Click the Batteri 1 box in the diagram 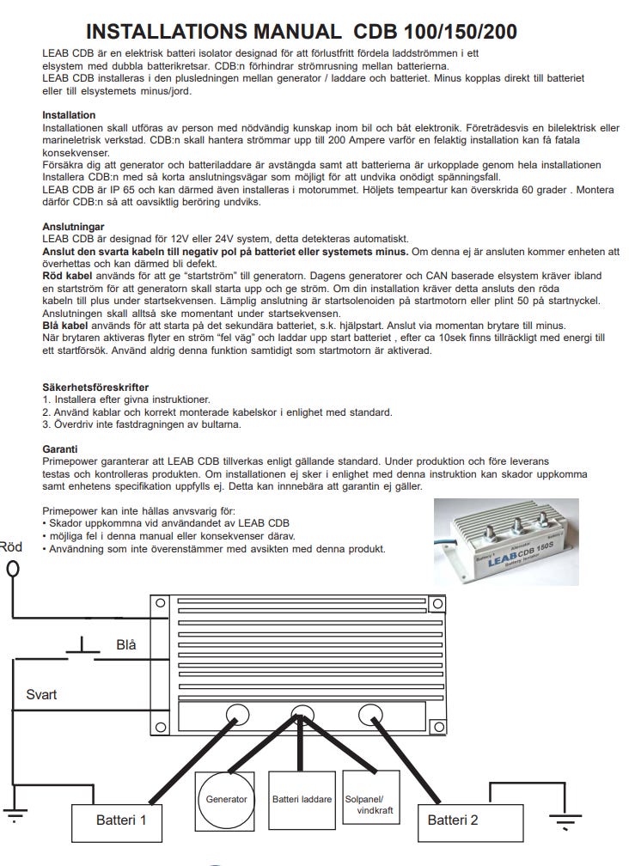coord(120,820)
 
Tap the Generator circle coord(227,798)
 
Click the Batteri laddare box coord(302,798)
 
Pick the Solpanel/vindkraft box coord(369,798)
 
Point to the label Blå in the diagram coord(126,644)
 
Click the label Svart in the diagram coord(41,694)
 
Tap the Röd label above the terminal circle coord(10,546)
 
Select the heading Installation coord(69,115)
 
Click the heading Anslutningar coord(74,227)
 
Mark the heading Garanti coord(60,448)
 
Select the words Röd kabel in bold coord(66,276)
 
